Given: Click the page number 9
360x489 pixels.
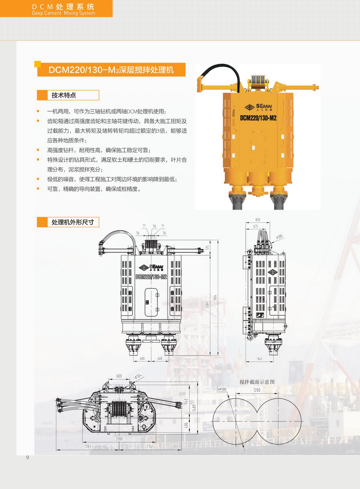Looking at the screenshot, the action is click(28, 457).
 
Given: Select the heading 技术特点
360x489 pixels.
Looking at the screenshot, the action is click(64, 95).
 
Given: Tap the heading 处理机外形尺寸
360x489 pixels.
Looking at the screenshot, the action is click(73, 222).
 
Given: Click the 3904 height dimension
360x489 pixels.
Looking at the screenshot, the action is click(215, 297).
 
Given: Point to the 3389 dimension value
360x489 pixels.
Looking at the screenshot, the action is click(207, 305).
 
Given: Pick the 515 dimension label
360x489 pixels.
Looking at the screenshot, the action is click(207, 247).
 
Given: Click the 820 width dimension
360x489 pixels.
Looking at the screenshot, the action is click(258, 220).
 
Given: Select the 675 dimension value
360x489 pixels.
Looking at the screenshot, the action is click(256, 226).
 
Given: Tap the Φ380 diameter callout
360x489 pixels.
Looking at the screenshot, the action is click(279, 237).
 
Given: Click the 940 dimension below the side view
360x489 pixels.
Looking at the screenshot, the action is click(259, 359).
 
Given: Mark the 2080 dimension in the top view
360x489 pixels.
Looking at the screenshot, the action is click(119, 439).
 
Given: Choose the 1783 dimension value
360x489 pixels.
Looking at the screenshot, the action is click(88, 447).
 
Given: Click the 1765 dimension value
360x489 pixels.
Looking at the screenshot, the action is click(150, 447).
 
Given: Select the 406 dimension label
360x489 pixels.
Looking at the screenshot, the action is click(186, 425).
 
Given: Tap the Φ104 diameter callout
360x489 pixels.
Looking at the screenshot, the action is click(138, 376).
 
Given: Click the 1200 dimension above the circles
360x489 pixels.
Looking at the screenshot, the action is click(257, 390).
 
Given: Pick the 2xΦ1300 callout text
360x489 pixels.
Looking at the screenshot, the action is click(221, 389).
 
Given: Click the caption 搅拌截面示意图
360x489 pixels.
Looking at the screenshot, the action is click(257, 382).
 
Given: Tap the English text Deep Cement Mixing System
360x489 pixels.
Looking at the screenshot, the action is click(64, 13).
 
